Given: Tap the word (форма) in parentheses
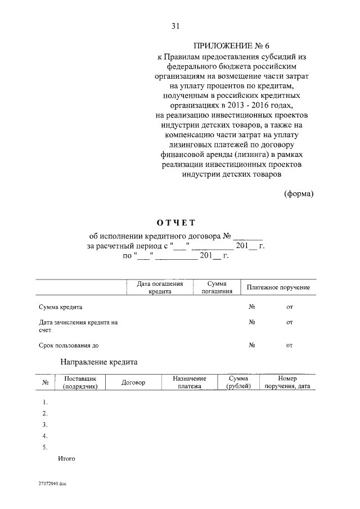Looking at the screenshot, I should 298,193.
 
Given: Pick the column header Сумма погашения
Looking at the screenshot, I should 217,288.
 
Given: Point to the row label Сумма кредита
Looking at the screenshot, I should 61,307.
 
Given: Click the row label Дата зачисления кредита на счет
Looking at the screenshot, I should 78,326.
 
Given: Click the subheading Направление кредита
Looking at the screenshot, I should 98,362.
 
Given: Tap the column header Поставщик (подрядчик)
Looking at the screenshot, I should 81,382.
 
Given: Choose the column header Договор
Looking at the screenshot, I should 133,382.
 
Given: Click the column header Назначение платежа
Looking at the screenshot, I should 190,382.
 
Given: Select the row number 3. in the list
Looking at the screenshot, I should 44,424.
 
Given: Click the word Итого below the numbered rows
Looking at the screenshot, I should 66,458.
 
